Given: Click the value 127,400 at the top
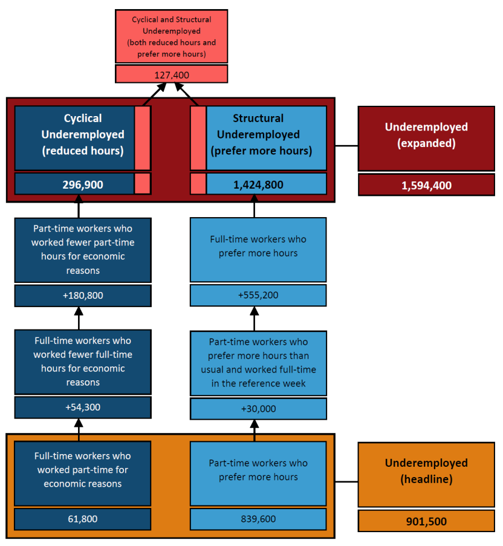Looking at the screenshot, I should (172, 74).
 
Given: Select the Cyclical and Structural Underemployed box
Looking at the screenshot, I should (172, 36).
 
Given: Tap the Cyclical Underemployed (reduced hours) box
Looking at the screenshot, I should (75, 138).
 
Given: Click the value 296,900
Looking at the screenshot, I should (75, 184).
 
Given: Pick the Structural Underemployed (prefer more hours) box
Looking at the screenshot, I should (266, 138).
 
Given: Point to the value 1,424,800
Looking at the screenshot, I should (266, 184).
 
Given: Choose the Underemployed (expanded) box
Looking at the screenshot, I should (426, 138).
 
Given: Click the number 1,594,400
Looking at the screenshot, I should (426, 185).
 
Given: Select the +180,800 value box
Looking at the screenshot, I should (83, 296).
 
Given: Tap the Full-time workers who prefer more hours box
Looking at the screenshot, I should (258, 249).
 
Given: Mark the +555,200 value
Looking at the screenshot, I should (258, 296).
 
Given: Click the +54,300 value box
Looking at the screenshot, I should (83, 408).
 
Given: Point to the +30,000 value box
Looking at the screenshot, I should (258, 409).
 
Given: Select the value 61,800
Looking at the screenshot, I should (83, 519).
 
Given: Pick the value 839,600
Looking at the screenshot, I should (258, 519).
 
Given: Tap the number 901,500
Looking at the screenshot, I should (426, 521).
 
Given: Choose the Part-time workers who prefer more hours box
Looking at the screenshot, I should (258, 473).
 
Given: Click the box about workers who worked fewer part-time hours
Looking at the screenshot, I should (83, 250).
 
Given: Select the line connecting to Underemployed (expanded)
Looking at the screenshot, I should (346, 146).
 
